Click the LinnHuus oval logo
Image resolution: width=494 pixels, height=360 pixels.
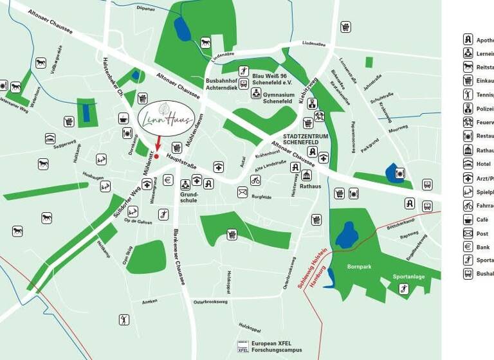click(x=167, y=118)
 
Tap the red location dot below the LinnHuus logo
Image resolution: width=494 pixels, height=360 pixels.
click(x=156, y=156)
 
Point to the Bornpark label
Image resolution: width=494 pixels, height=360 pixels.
click(x=359, y=265)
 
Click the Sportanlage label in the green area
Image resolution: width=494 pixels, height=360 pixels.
click(x=408, y=276)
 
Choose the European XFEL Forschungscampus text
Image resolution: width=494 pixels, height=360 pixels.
click(x=276, y=347)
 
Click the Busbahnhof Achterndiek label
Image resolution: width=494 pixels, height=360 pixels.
click(x=222, y=84)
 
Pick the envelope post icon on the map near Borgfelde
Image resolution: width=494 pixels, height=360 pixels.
click(x=242, y=192)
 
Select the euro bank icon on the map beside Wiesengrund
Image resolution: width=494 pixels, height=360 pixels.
click(x=168, y=180)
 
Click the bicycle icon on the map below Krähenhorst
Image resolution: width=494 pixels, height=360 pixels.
click(x=255, y=180)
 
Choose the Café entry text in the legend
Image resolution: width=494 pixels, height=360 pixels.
click(x=482, y=220)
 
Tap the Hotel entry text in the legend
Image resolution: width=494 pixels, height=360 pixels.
click(x=482, y=165)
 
